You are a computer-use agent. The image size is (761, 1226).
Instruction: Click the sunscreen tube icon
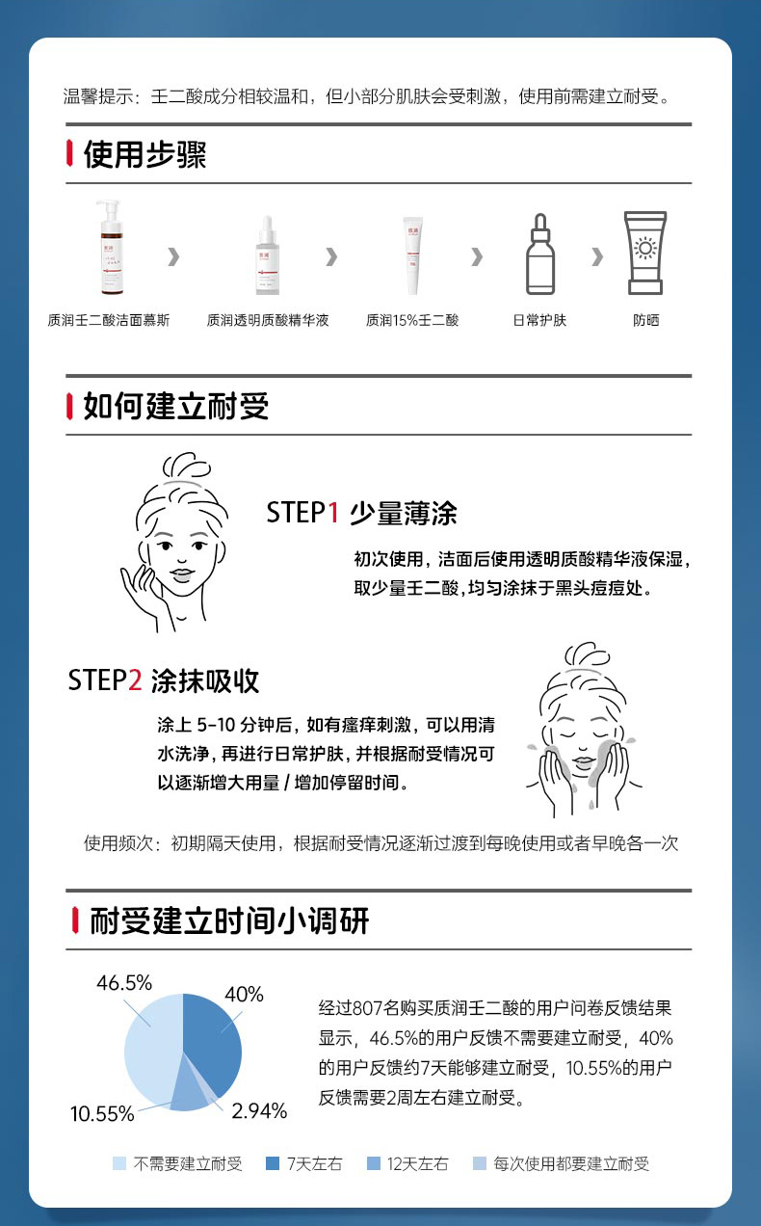coord(645,253)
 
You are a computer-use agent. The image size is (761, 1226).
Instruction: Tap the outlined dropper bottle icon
coord(540,253)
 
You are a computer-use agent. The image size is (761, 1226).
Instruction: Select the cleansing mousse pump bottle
coord(111,248)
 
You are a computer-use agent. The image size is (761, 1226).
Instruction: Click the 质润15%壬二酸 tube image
coord(412,255)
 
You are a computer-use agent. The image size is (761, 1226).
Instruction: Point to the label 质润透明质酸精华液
coord(268,320)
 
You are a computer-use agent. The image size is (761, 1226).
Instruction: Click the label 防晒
coord(645,320)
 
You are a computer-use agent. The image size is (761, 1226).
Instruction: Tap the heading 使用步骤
coord(145,154)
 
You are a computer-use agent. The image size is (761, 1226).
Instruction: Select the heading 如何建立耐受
coord(175,406)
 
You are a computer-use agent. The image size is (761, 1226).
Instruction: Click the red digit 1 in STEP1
coord(332,513)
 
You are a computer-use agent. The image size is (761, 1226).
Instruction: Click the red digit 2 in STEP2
coord(135,680)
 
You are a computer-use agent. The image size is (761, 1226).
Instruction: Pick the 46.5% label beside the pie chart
coord(124,982)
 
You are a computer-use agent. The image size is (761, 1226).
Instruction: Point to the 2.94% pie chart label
coord(259,1110)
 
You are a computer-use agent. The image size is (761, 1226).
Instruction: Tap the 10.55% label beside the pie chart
coord(102,1113)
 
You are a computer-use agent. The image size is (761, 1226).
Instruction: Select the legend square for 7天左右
coord(273,1162)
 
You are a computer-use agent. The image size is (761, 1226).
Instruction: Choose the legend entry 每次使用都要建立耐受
coord(561,1163)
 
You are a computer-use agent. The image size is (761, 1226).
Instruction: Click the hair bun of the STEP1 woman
coord(186,466)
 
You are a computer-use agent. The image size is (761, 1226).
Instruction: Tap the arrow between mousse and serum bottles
coord(173,256)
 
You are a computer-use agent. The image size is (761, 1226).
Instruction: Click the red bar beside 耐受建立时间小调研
coord(75,920)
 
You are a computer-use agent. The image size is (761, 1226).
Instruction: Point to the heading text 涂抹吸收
coord(205,680)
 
